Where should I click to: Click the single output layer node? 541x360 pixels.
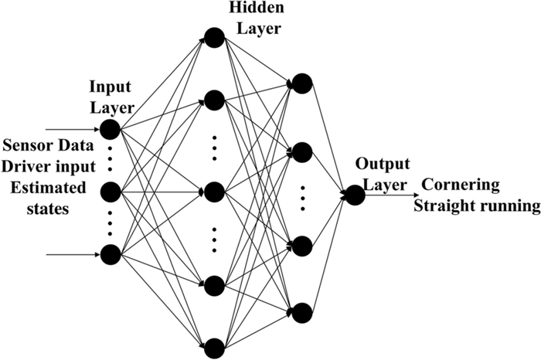pos(354,196)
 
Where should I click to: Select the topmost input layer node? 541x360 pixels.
pos(111,127)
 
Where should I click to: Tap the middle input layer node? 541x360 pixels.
pos(111,190)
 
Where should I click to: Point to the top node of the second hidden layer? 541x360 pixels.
pos(301,83)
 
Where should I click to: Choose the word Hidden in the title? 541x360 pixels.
pos(250,8)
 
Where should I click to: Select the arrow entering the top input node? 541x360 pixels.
pos(73,127)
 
